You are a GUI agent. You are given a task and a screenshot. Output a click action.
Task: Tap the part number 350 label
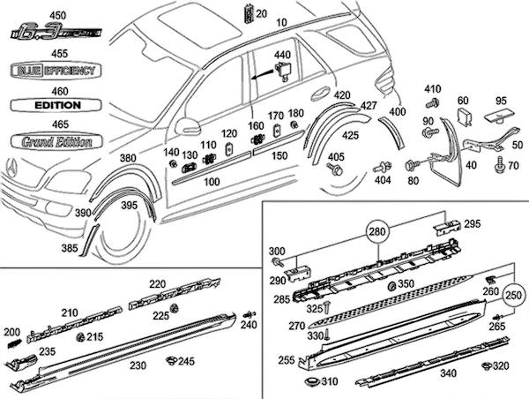click(406, 284)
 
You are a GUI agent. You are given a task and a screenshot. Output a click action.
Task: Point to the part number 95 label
click(501, 100)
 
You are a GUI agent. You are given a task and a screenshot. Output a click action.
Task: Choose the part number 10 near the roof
click(282, 21)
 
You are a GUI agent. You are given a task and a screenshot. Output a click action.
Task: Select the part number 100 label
click(212, 182)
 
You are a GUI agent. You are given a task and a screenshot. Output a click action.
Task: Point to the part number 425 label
click(350, 136)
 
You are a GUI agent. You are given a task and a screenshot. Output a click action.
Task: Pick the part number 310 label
click(329, 382)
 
